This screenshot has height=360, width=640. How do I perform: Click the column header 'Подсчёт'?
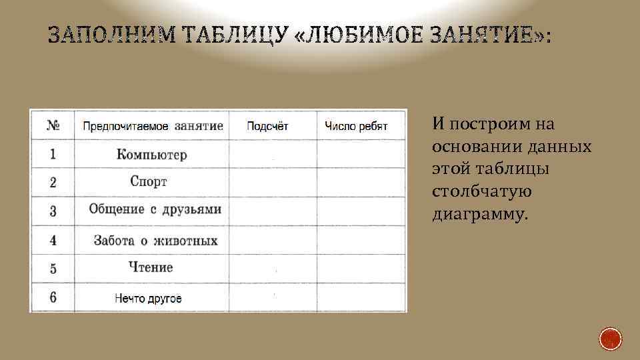tap(267, 126)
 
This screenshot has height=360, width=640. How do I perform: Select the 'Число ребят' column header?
tap(356, 126)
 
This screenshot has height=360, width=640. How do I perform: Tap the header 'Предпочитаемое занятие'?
tap(153, 126)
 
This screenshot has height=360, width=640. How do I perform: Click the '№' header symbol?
tap(53, 126)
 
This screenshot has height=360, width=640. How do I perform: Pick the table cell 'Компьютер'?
tap(151, 155)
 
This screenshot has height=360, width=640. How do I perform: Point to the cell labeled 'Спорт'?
tap(149, 181)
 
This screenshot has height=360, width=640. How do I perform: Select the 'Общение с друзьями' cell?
tap(155, 210)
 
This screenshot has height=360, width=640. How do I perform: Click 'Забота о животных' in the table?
tap(155, 240)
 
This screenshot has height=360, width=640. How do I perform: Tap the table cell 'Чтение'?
tap(151, 267)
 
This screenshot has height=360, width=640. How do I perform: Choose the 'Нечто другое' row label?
tap(148, 298)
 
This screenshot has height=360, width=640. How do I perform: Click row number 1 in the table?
tap(53, 155)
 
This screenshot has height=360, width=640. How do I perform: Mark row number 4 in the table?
tap(53, 240)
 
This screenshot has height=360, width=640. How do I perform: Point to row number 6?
tap(53, 298)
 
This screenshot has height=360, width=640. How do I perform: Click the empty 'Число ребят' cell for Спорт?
tap(361, 181)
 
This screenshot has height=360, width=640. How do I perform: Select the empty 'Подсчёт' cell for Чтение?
tap(272, 268)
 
